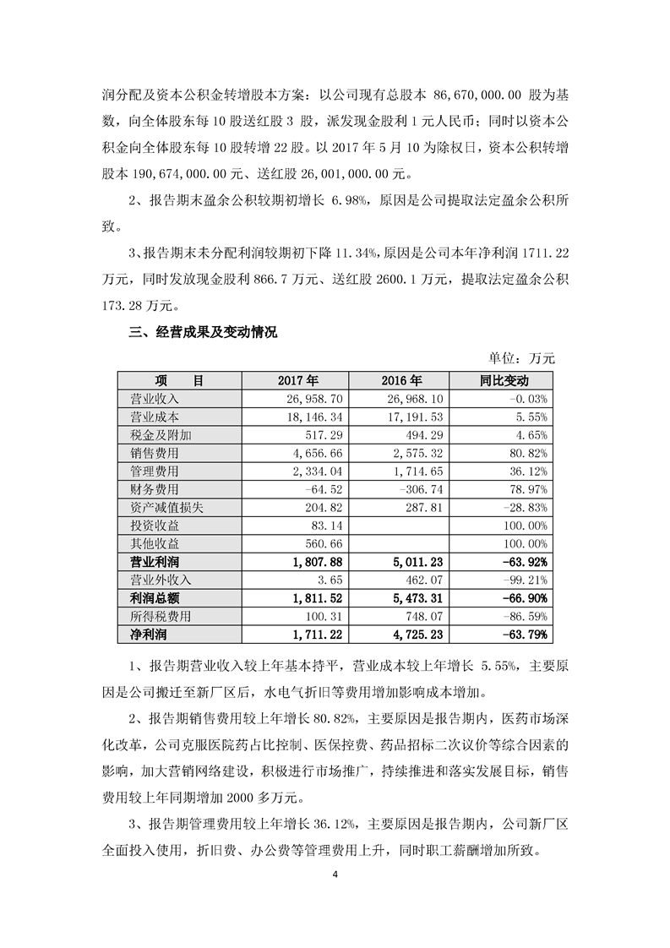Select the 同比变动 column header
click(502, 380)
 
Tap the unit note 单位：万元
click(523, 358)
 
